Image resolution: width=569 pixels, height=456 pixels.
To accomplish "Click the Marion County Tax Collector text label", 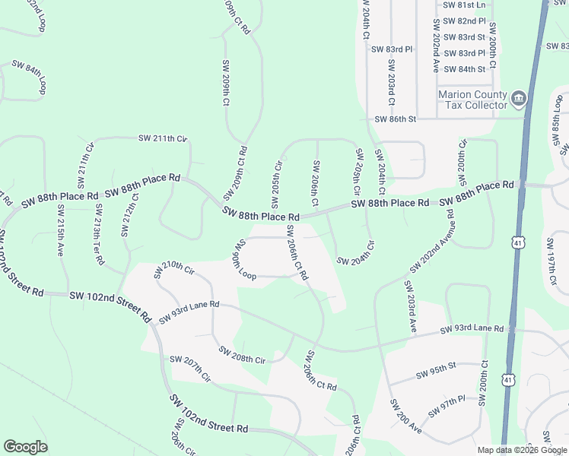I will click(x=472, y=100).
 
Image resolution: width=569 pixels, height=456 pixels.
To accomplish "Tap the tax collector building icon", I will click(x=519, y=97).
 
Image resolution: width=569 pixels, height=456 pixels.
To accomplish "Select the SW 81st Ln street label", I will click(x=463, y=5).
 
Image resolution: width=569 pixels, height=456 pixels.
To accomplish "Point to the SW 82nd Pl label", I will click(x=463, y=21).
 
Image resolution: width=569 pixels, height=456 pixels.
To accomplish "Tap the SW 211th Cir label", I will click(x=162, y=138).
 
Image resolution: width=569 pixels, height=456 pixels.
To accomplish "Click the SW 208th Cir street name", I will click(x=241, y=354).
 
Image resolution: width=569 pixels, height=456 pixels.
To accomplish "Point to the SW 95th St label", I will click(x=435, y=371).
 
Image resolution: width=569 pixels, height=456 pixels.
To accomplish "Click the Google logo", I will click(x=25, y=447).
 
